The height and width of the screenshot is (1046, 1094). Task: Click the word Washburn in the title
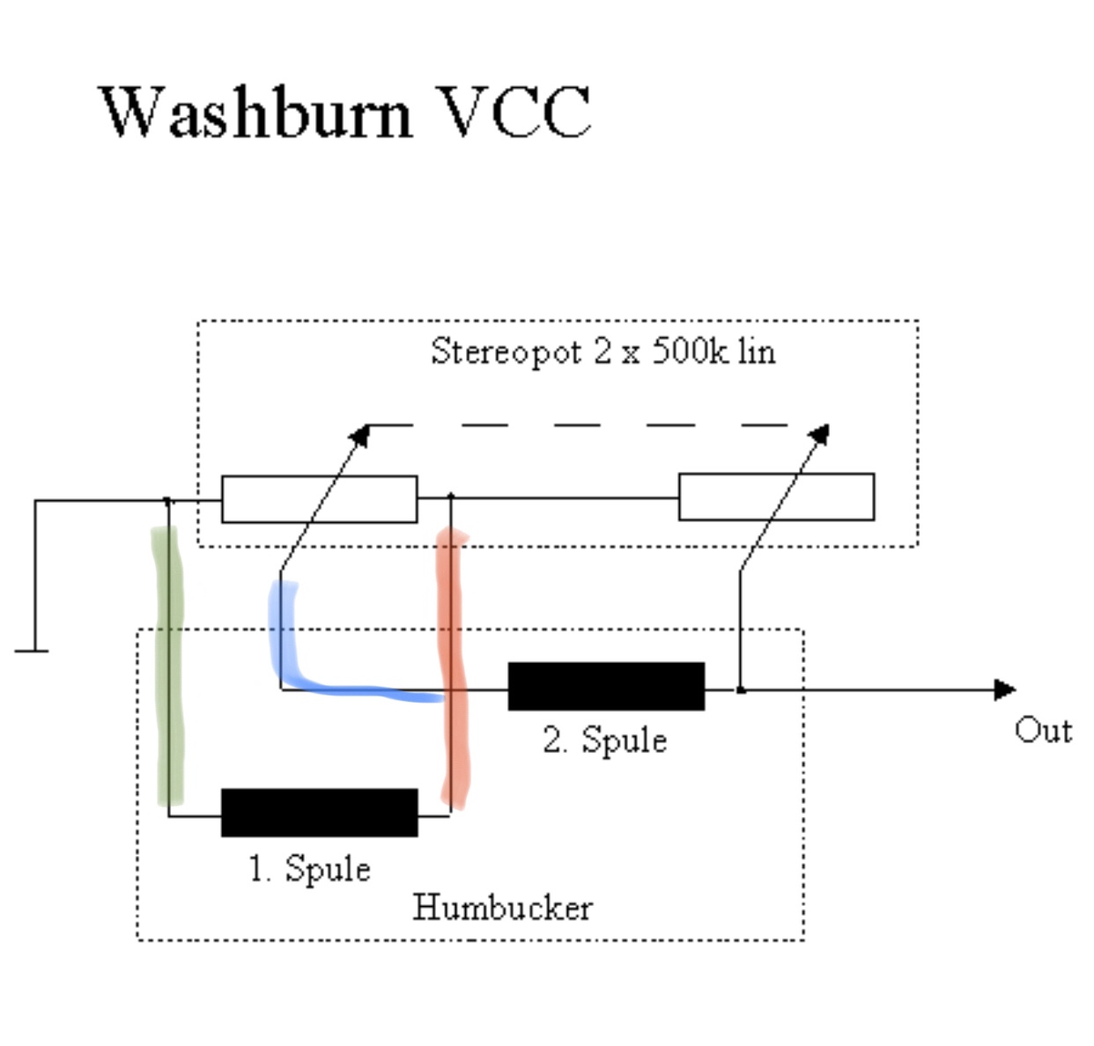255,113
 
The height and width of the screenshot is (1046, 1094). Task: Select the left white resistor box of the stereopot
319,499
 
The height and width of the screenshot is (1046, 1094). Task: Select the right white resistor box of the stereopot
776,497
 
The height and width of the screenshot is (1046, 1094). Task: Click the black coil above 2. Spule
606,687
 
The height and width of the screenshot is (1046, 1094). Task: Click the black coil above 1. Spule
319,813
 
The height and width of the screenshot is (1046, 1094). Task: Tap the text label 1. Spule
309,869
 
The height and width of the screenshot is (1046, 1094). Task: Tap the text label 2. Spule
605,740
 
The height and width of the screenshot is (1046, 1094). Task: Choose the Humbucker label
502,908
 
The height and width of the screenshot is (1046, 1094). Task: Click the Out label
1043,731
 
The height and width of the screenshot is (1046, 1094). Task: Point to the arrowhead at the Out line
1005,689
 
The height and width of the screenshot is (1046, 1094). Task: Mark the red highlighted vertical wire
453,669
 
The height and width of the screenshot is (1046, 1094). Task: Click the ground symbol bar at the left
32,652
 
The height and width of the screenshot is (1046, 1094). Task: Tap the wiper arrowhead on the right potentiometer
820,433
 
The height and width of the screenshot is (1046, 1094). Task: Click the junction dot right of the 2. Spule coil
741,690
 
